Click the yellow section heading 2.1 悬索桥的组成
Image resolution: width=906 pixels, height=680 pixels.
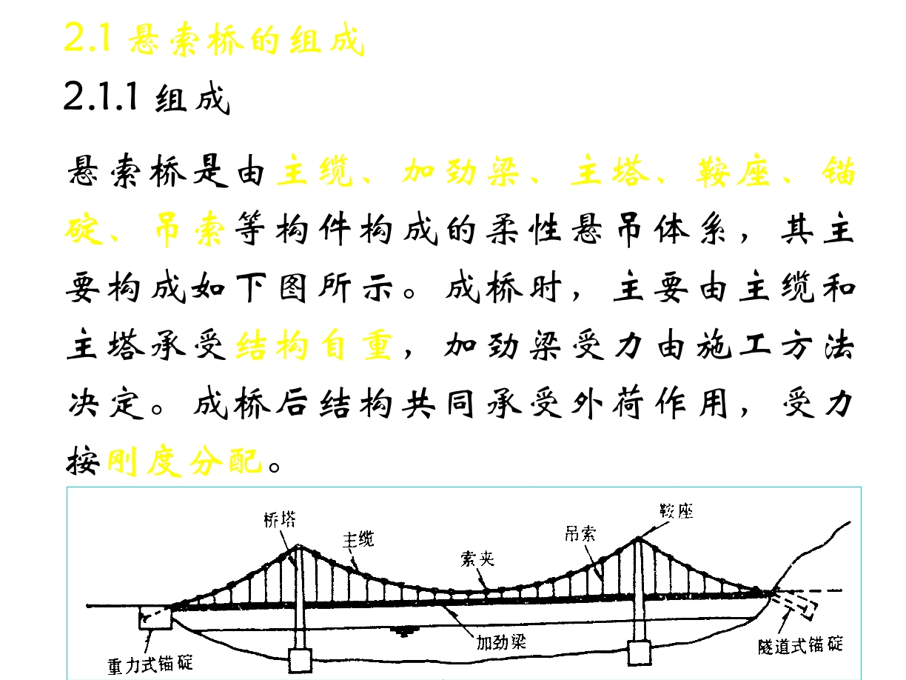tap(214, 39)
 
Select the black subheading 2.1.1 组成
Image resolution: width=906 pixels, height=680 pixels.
tap(147, 98)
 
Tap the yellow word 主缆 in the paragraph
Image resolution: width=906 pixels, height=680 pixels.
tap(315, 171)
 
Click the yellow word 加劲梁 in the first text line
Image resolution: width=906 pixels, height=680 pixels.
tap(460, 171)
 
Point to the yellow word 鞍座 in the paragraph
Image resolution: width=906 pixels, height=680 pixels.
tap(733, 171)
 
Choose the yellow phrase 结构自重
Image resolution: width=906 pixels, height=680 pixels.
tap(314, 345)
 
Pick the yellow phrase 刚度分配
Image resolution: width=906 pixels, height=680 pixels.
tap(185, 461)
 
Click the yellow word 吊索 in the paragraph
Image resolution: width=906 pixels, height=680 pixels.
tap(190, 229)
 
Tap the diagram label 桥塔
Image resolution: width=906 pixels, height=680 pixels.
tap(280, 519)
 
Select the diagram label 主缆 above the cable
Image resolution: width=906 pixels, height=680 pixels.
tap(358, 539)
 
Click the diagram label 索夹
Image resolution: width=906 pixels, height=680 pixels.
tap(477, 559)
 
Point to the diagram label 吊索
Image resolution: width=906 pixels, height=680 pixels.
tap(580, 535)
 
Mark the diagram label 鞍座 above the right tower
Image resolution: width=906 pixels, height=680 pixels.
tap(677, 511)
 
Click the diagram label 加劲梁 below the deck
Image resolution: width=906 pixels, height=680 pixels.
tap(501, 642)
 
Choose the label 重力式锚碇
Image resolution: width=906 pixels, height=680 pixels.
tap(150, 664)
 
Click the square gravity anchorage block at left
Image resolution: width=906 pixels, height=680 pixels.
tap(155, 618)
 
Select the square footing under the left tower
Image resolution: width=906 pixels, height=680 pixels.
tap(300, 661)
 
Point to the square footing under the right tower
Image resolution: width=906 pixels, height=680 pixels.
tap(640, 653)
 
